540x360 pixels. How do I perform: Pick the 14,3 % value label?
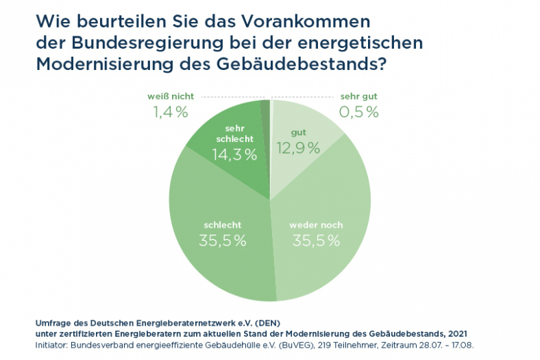(234, 155)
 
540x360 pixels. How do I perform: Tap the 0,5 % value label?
(359, 112)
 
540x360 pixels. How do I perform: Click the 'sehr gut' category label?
(359, 97)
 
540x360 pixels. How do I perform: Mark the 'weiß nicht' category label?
(170, 97)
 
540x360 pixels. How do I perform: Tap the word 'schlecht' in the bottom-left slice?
(223, 225)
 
